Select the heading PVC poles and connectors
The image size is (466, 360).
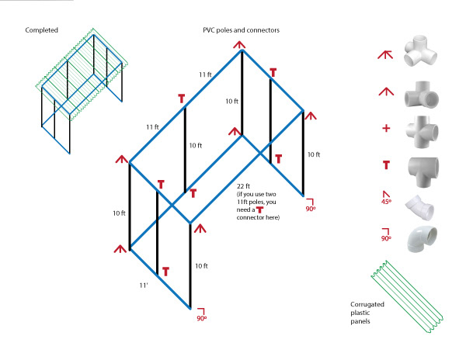242,30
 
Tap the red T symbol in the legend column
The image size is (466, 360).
386,164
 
